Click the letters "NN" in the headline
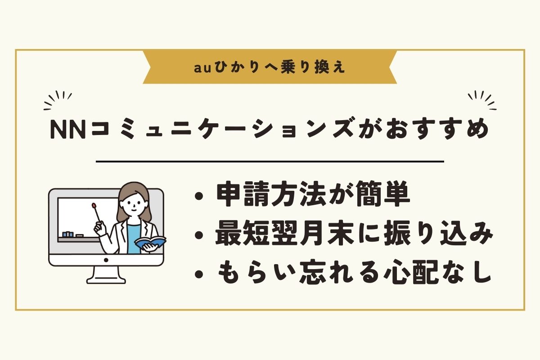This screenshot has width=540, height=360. point(68,130)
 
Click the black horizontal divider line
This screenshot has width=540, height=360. point(270,162)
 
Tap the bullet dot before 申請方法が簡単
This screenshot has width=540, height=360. point(199,196)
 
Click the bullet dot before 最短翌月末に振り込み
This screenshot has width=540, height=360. point(199,235)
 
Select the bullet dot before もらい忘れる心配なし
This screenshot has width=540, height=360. point(199,274)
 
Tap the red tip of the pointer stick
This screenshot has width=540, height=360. point(94,205)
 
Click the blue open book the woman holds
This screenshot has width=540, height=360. point(150,242)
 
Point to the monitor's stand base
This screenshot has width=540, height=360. point(106,280)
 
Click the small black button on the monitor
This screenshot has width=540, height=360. point(106,260)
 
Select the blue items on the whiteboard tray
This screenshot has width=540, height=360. point(68,234)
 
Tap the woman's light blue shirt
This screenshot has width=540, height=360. point(133,238)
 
